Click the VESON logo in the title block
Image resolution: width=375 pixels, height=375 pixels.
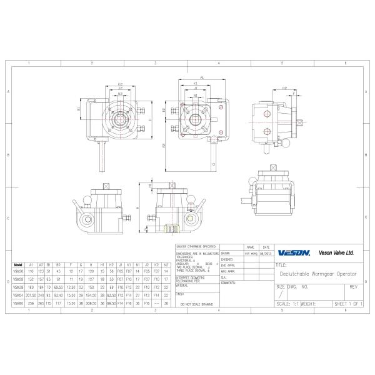(294, 253)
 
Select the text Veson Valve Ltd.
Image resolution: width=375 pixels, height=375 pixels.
(336, 253)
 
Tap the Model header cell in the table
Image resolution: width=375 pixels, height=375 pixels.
(17, 265)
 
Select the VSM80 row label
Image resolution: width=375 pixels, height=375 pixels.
(17, 302)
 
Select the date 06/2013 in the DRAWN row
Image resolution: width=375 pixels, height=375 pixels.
(266, 254)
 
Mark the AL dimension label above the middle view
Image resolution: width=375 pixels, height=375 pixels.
(202, 77)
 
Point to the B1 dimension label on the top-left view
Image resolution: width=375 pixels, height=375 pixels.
(79, 109)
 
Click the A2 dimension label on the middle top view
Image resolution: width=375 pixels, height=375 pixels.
(164, 146)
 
